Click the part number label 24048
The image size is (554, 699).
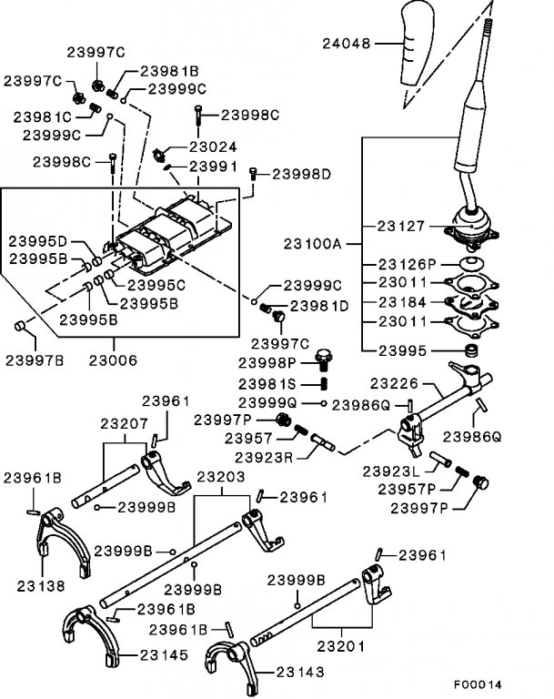(347, 44)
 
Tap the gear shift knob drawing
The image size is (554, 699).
(417, 44)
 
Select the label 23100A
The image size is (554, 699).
(312, 244)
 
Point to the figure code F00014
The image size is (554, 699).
(478, 684)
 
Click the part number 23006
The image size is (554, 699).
(113, 360)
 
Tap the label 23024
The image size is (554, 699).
(213, 147)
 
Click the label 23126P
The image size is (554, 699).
(407, 264)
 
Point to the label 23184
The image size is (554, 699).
(402, 302)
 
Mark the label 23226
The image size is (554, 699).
(395, 383)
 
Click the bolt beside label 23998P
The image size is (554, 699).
(323, 360)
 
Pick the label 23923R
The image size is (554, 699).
(264, 458)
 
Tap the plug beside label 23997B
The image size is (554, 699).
(20, 326)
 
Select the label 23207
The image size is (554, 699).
(124, 423)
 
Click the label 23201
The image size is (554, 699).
(341, 646)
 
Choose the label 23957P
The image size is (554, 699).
(407, 489)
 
